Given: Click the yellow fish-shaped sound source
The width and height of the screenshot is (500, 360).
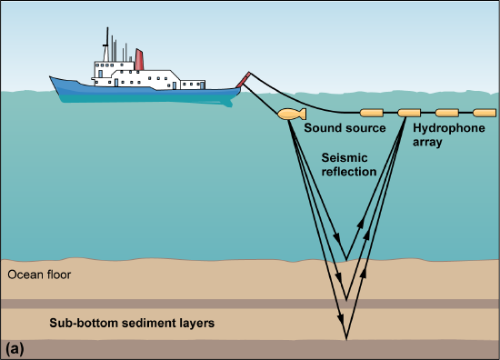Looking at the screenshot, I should point(289,115).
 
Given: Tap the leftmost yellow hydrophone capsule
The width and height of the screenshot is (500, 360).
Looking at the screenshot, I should point(373,114).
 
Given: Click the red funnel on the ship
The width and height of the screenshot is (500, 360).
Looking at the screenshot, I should point(139,59).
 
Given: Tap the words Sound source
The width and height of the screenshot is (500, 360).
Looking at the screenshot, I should point(345,128).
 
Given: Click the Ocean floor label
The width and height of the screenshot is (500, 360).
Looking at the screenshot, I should point(38,274).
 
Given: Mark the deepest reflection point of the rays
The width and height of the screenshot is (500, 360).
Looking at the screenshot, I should point(346,339).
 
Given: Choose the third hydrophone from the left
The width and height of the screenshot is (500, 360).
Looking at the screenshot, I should point(446,114).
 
